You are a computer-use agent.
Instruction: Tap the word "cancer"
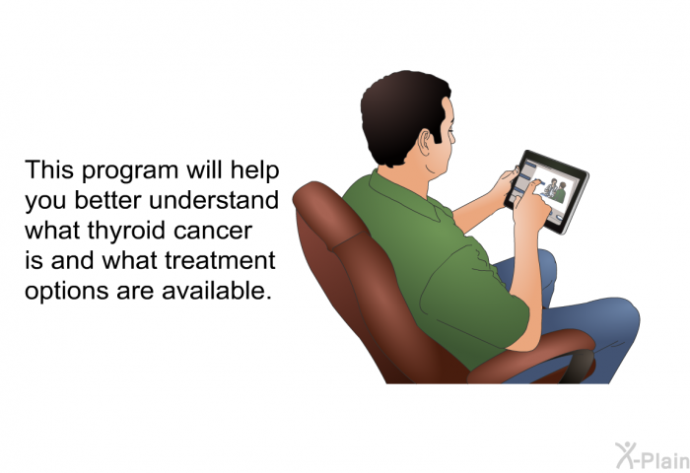coord(213,232)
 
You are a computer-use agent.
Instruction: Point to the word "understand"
coord(214,200)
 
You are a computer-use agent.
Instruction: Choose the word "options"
coord(66,292)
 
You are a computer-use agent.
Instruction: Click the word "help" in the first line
coord(254,170)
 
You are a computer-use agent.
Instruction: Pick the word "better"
coord(107,200)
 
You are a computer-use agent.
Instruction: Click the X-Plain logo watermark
coord(653,455)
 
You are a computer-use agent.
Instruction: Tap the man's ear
coord(426,143)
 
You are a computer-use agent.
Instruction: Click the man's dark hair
coord(401,115)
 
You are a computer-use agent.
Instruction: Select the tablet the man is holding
coord(546,192)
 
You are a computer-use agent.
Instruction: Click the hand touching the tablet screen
coord(531,206)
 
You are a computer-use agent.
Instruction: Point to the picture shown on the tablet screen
coord(554,190)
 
